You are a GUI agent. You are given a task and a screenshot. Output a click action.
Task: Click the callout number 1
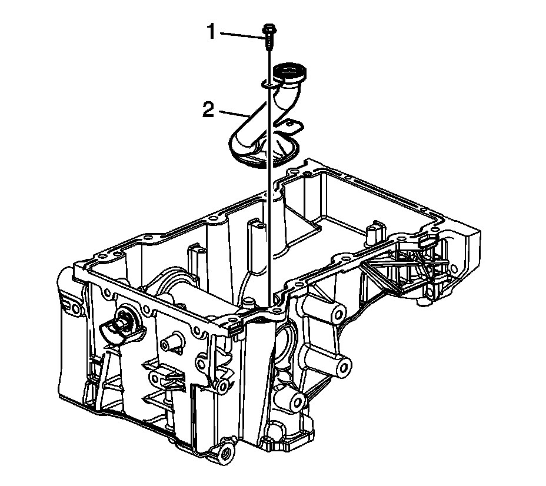point(211,32)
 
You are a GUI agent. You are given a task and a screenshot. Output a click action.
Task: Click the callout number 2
point(208,110)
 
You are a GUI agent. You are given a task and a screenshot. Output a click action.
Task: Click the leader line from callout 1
point(241,35)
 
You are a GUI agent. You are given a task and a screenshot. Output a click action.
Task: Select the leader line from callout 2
point(234,114)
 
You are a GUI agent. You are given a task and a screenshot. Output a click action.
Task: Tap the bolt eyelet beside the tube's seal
point(268,84)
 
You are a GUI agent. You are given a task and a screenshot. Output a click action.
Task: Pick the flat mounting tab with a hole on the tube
point(292,126)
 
